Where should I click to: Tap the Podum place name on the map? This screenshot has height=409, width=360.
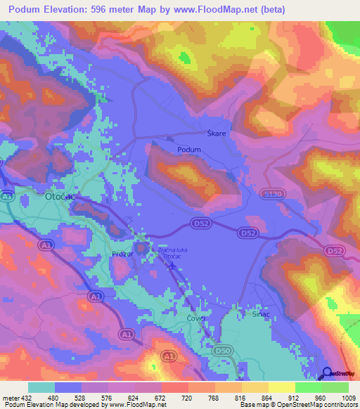point(189,150)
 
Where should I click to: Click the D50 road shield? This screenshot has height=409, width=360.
point(224,349)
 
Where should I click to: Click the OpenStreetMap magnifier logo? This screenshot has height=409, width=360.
point(326,374)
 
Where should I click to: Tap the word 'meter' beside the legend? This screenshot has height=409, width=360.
point(7,397)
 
